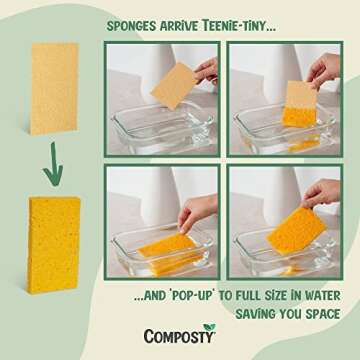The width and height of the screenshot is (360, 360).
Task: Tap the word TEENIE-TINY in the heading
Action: coord(231,17)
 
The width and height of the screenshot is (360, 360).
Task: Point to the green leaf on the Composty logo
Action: coord(208,328)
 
